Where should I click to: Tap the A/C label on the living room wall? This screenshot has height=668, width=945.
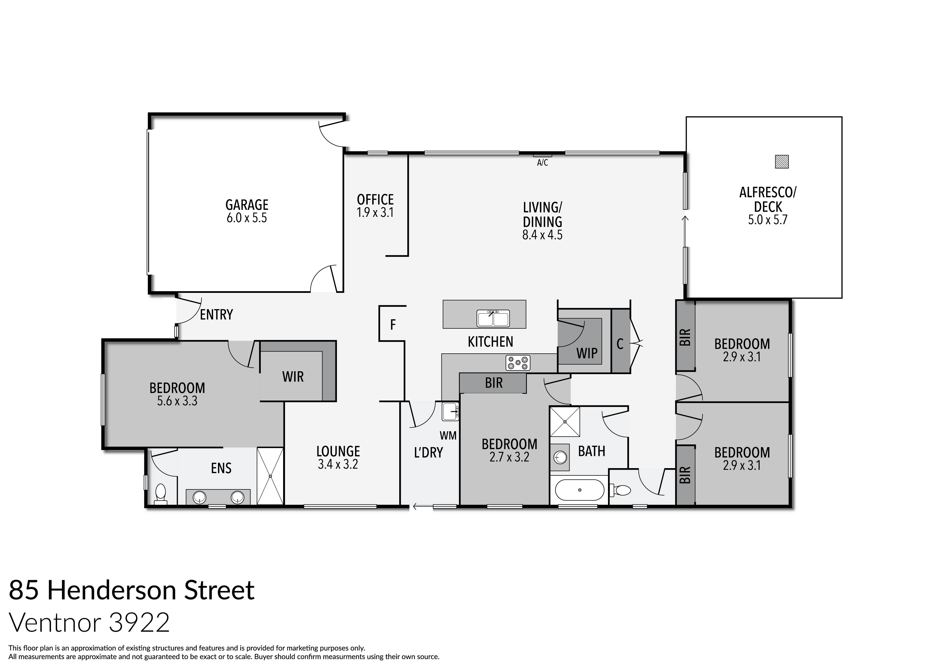tap(543, 163)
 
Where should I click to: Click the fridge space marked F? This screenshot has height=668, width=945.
tap(393, 325)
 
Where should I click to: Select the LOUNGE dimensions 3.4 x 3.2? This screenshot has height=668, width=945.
tap(338, 464)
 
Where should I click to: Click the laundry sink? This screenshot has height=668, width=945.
tap(450, 412)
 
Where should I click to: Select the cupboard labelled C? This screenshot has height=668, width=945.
tap(620, 344)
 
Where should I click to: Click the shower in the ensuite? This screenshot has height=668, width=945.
tap(270, 476)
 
